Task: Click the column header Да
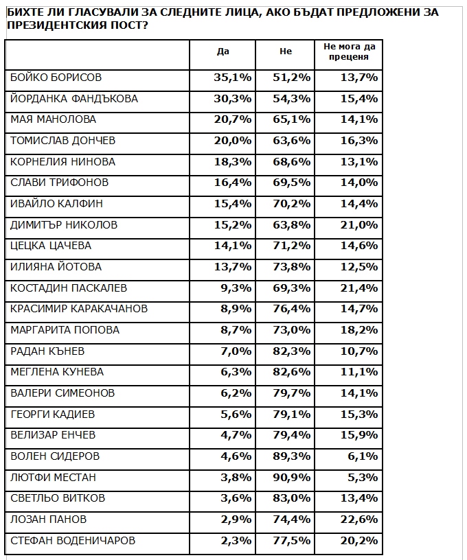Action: point(222,51)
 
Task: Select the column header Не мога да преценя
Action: point(350,51)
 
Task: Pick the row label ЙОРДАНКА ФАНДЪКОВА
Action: point(74,99)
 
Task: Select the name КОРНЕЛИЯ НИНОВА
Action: point(63,162)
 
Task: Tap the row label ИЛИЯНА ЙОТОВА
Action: point(56,267)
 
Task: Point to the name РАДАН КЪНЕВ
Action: point(47,351)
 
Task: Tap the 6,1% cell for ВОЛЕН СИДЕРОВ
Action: point(363,456)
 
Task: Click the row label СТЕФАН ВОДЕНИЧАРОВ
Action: point(73,541)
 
